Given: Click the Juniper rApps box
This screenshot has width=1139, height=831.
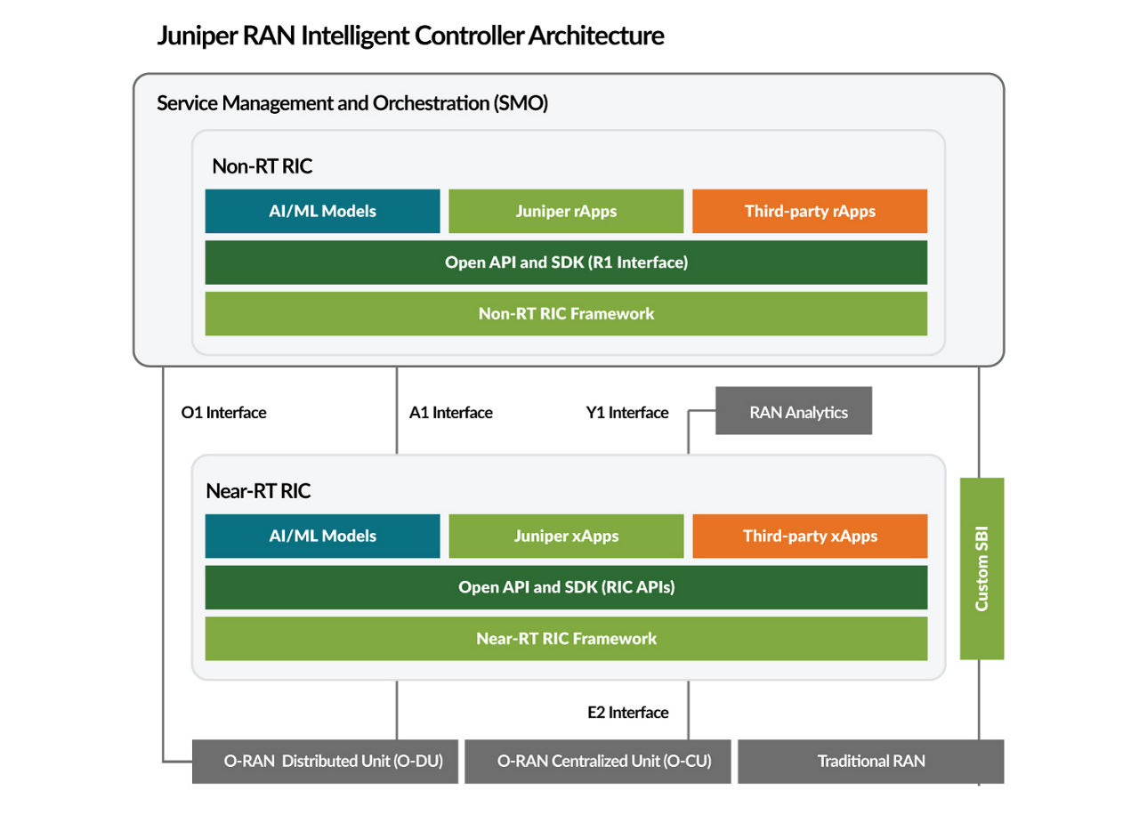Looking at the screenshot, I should point(566,211).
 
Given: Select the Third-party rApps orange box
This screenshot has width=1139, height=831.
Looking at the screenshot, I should point(810,211).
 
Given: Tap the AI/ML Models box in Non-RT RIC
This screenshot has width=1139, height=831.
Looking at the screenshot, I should point(322,211).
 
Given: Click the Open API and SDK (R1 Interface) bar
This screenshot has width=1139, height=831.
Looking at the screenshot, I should point(566,262).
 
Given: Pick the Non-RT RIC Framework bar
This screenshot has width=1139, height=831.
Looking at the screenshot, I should point(566,313).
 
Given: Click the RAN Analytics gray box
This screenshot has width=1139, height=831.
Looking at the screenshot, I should point(794,411).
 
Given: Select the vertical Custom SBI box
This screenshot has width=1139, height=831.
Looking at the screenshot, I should point(981,569).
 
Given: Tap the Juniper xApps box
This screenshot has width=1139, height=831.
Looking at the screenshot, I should point(566,536).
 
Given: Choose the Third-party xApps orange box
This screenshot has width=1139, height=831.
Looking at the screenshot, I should point(810,536).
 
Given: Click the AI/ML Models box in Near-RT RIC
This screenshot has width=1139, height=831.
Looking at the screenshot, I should point(322,536).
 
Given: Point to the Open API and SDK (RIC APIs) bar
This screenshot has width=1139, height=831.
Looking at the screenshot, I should point(566,587).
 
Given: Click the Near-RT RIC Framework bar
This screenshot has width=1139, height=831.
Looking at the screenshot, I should point(566,639).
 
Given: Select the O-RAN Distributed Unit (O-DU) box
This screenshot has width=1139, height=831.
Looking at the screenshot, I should point(325,761).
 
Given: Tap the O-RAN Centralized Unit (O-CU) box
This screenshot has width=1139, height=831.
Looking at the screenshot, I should point(597,761).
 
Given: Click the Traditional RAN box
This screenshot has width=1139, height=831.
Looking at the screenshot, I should point(870,761).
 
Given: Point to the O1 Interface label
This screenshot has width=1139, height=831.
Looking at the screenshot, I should point(223,413).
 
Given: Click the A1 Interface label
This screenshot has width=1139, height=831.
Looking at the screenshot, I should point(450,413).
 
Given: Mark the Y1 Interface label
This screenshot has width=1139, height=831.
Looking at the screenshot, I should point(626,413).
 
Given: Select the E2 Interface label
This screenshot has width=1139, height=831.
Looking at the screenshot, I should point(627,713).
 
